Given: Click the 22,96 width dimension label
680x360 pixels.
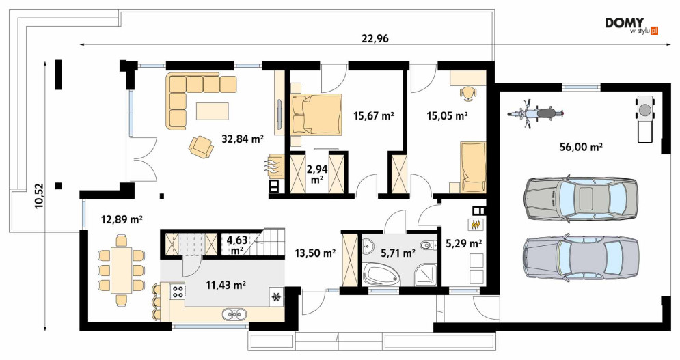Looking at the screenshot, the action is (x=375, y=39).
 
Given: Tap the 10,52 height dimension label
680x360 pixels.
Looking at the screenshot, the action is (x=39, y=196).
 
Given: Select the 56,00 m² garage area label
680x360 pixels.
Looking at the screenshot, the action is (x=581, y=147).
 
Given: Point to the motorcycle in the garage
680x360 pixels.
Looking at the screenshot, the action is (x=536, y=113).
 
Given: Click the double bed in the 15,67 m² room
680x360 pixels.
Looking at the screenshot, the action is (x=316, y=113).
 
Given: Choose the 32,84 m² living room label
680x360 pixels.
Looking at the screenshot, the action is (x=243, y=139).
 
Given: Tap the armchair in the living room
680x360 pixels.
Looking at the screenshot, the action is (x=201, y=147).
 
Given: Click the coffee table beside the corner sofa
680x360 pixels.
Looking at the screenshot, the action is (x=213, y=110).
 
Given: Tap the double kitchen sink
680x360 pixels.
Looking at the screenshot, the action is (x=234, y=314).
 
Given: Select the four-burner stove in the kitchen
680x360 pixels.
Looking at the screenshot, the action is (x=178, y=290).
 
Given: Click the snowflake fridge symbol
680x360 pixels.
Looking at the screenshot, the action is (x=275, y=296).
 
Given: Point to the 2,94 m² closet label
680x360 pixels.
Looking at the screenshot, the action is (x=317, y=174).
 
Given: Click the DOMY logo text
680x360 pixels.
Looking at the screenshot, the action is (x=625, y=23).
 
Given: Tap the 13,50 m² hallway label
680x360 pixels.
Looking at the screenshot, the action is (x=315, y=253).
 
